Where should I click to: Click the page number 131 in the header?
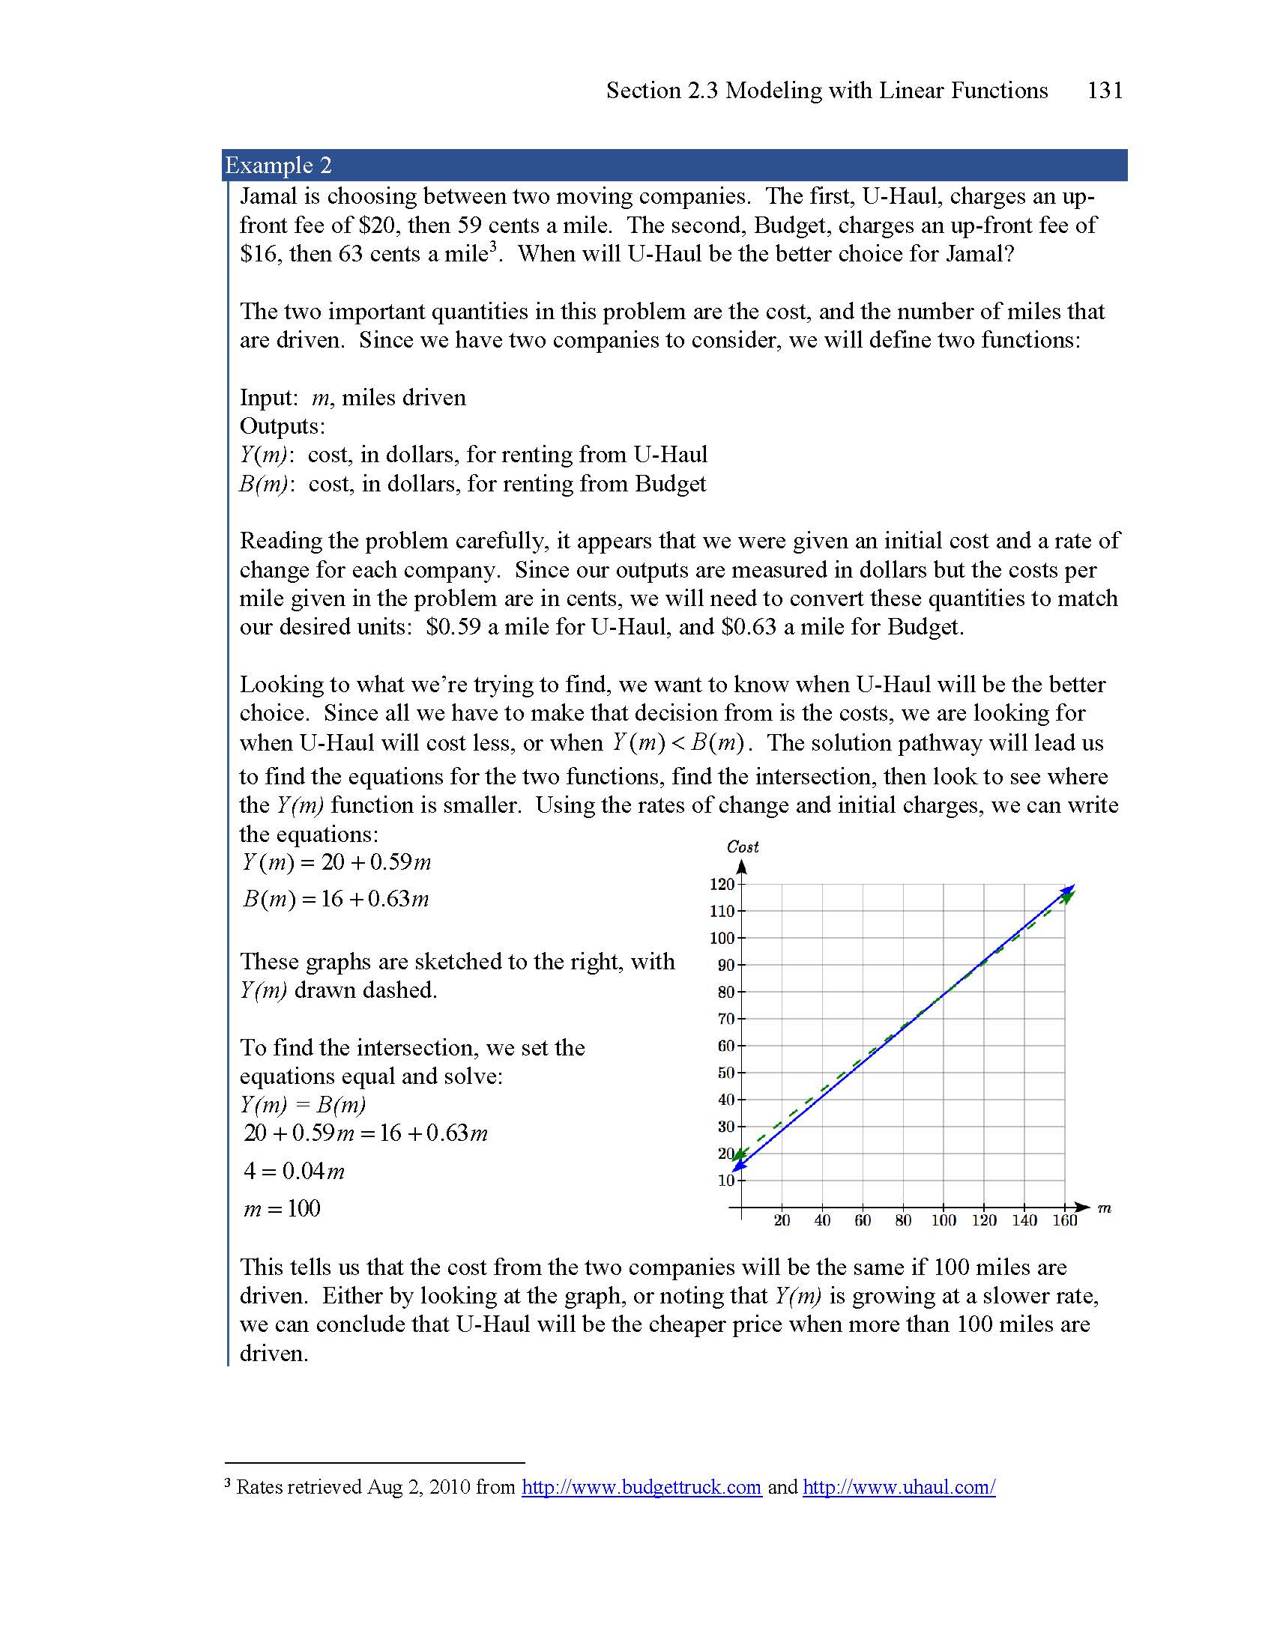tap(1104, 91)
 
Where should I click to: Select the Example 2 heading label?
tap(278, 166)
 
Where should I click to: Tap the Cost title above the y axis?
tap(742, 846)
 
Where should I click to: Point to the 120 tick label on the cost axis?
tap(722, 885)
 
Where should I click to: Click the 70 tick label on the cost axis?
tap(725, 1019)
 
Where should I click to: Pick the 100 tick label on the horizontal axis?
tap(943, 1221)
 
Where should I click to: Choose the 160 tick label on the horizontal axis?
tap(1064, 1221)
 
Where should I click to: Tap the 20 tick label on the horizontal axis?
tap(782, 1221)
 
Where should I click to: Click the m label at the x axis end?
tap(1104, 1208)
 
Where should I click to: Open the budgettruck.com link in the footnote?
tap(641, 1487)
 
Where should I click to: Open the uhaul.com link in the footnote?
tap(899, 1487)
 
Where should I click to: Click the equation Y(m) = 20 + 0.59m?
tap(336, 862)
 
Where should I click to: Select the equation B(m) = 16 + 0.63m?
tap(336, 899)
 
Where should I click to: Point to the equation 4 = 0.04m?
tap(295, 1171)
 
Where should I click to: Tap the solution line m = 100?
tap(283, 1209)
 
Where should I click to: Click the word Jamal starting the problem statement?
tap(269, 196)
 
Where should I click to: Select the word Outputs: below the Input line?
tap(283, 426)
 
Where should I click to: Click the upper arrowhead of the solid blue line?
tap(1070, 888)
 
